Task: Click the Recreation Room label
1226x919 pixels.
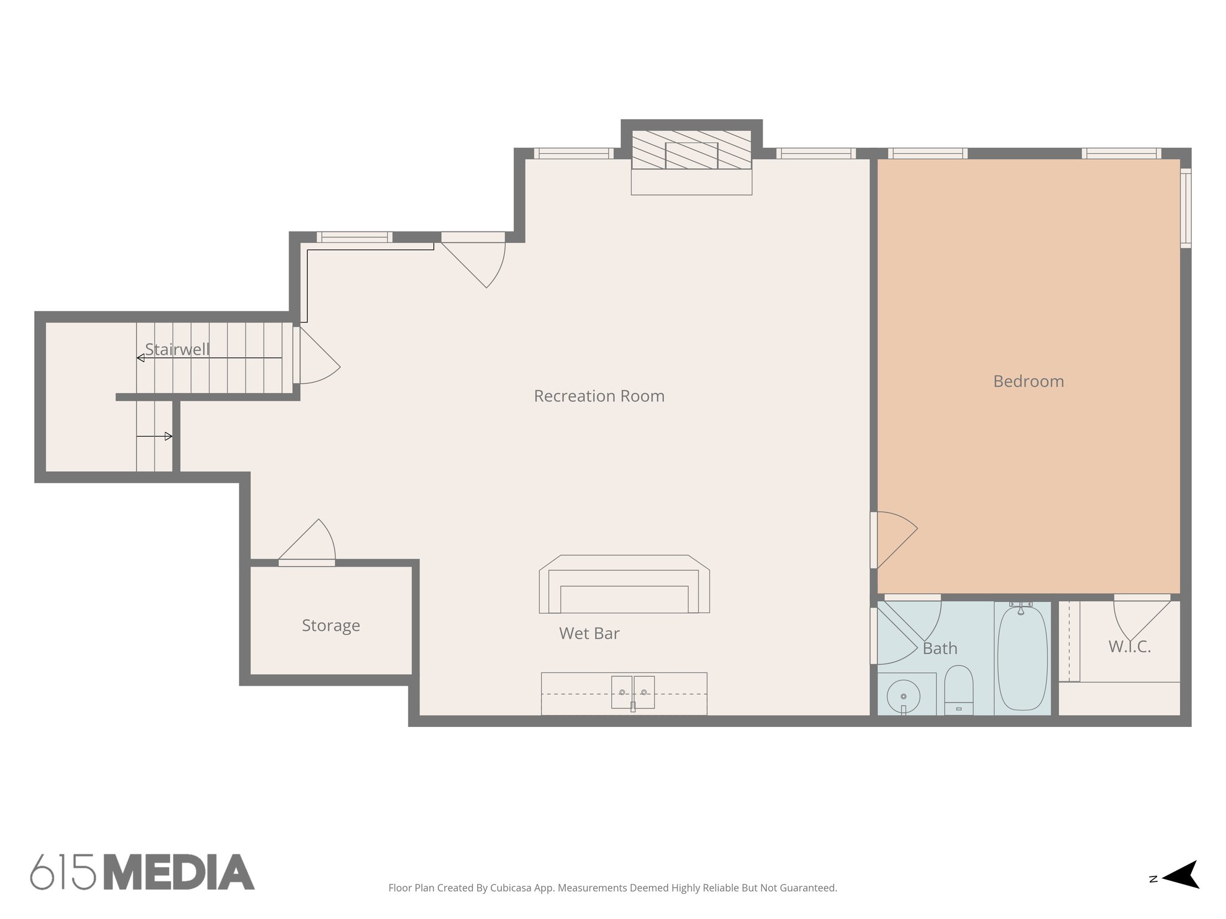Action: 599,396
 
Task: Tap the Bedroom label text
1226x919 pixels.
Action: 1028,381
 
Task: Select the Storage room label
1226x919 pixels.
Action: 330,625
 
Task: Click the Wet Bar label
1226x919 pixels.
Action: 589,633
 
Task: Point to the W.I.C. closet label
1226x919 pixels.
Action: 1129,646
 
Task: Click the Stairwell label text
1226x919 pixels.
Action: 177,349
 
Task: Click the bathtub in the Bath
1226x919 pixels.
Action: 1022,658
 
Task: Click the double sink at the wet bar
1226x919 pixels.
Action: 633,693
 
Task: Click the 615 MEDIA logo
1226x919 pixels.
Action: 142,872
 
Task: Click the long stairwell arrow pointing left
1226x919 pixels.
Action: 209,358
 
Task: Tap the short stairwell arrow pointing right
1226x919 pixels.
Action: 155,436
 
